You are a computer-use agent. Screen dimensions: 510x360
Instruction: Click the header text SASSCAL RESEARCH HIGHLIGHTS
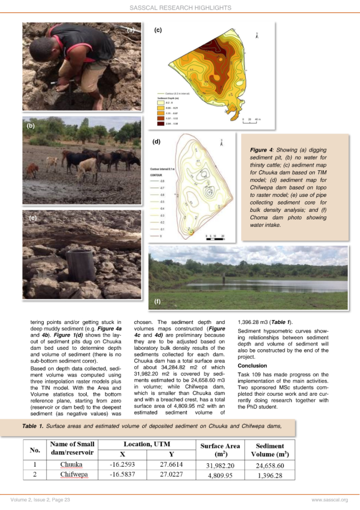pos(180,8)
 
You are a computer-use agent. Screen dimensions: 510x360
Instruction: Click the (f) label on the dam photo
pos(158,301)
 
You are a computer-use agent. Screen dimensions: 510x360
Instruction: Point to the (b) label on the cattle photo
pos(31,124)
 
